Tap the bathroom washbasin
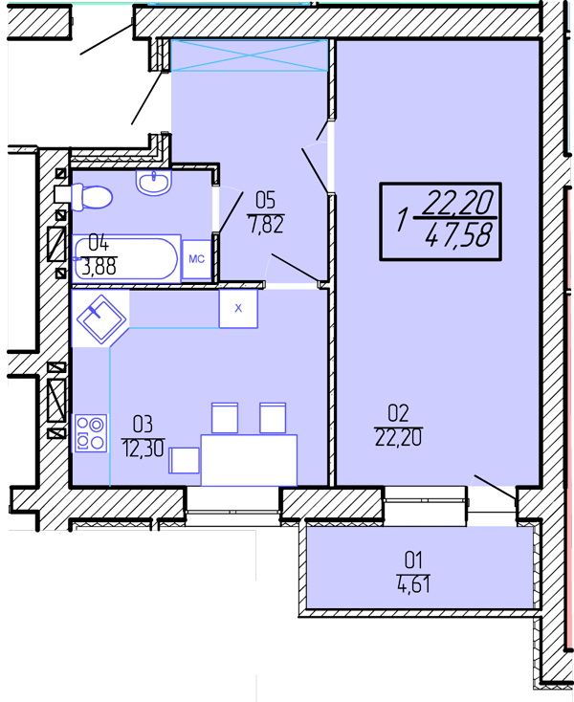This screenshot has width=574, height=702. [154, 182]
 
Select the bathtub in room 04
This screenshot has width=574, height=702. [126, 258]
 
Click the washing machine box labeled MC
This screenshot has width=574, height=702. [196, 259]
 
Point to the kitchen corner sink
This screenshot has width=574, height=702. [101, 318]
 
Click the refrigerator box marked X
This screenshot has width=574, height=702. [238, 309]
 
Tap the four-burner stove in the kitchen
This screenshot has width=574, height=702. [91, 433]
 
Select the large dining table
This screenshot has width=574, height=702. [249, 460]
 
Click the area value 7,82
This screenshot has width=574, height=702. [266, 224]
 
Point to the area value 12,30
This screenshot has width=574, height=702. [143, 448]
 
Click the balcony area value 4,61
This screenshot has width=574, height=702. [413, 583]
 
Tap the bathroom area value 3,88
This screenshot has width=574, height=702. [99, 267]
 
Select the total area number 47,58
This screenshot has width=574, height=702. [459, 234]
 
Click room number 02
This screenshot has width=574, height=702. [399, 414]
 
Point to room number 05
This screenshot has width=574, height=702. [266, 200]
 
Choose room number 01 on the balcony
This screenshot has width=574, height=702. [413, 559]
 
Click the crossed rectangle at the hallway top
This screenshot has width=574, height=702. [249, 55]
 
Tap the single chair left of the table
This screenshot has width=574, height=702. [184, 460]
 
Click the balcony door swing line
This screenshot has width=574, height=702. [496, 487]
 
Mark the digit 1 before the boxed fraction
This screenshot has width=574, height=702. [403, 221]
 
